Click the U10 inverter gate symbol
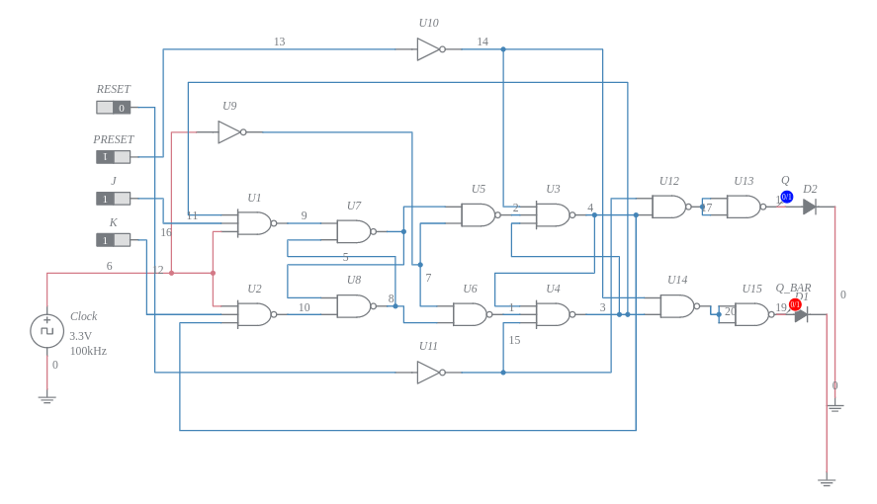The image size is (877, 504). point(429,49)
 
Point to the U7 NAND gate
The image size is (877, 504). point(354,231)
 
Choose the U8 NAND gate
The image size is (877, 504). point(354,306)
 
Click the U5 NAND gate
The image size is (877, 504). point(479,214)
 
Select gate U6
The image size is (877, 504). point(471,314)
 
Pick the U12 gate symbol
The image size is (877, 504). point(669,207)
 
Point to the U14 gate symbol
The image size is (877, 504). point(677,306)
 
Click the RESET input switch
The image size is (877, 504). point(113,108)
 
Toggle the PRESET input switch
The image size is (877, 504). point(113,157)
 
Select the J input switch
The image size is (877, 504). point(113,199)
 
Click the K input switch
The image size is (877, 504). point(113,240)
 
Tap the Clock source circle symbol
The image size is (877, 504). point(46,331)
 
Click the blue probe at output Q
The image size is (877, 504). point(787,197)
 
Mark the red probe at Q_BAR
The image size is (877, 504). point(795,304)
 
